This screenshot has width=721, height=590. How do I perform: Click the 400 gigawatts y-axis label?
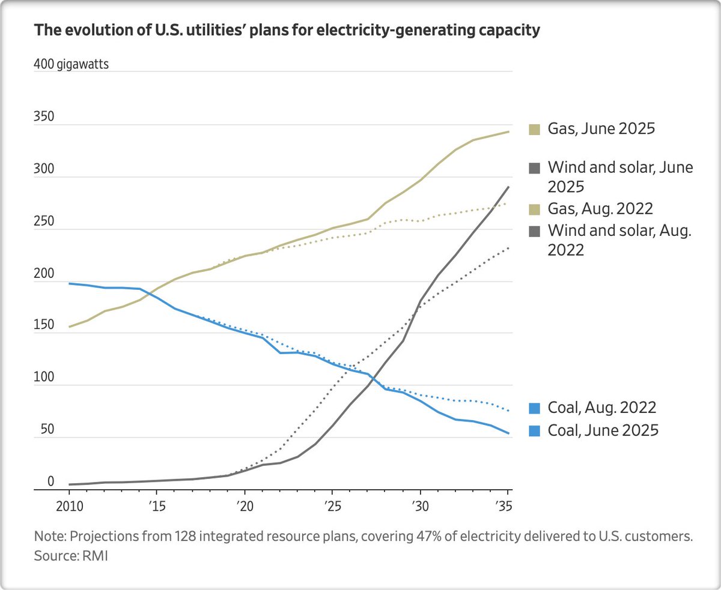pyautogui.click(x=71, y=65)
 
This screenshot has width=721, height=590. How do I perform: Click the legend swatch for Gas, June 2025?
pyautogui.click(x=533, y=129)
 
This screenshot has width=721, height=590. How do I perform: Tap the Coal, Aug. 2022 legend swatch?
pyautogui.click(x=533, y=408)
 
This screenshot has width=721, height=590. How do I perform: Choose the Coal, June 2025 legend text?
pyautogui.click(x=603, y=430)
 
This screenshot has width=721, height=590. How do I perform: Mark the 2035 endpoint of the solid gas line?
pyautogui.click(x=510, y=131)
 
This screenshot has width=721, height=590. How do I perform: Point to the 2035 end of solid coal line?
pyautogui.click(x=510, y=433)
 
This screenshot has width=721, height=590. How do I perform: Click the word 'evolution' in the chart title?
pyautogui.click(x=84, y=31)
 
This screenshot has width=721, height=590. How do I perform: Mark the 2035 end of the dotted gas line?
pyautogui.click(x=510, y=203)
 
